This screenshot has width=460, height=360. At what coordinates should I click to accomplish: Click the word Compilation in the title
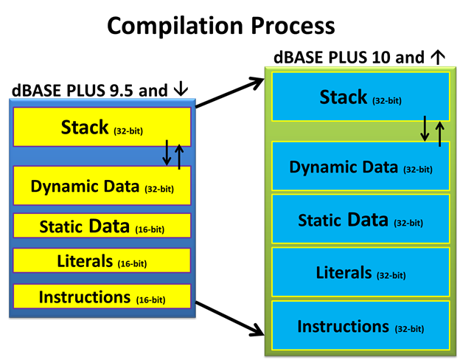[175, 27]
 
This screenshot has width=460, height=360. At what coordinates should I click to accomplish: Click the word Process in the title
[293, 26]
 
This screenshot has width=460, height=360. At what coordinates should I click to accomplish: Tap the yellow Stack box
[102, 127]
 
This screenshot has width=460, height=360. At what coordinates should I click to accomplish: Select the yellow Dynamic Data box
[102, 185]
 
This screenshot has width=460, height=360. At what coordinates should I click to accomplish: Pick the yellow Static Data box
[102, 226]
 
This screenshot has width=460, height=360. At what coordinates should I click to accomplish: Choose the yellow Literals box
[102, 260]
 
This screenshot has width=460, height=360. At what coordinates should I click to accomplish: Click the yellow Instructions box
[102, 297]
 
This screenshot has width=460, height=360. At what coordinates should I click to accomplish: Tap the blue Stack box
[360, 97]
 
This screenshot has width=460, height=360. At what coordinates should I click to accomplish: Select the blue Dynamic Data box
[360, 166]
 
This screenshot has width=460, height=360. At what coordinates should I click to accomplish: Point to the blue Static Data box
[360, 219]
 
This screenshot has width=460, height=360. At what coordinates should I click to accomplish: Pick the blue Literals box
[360, 272]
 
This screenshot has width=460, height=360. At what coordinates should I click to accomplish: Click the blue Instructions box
[360, 325]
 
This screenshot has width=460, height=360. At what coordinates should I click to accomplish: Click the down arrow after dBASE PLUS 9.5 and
[181, 89]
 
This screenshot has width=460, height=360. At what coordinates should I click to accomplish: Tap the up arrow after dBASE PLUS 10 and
[438, 57]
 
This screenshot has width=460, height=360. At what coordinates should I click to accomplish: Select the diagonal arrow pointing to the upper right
[230, 92]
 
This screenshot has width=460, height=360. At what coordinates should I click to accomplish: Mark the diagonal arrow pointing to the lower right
[230, 319]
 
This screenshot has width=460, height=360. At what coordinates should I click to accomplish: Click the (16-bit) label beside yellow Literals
[132, 263]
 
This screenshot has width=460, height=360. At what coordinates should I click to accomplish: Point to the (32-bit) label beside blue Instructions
[410, 328]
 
